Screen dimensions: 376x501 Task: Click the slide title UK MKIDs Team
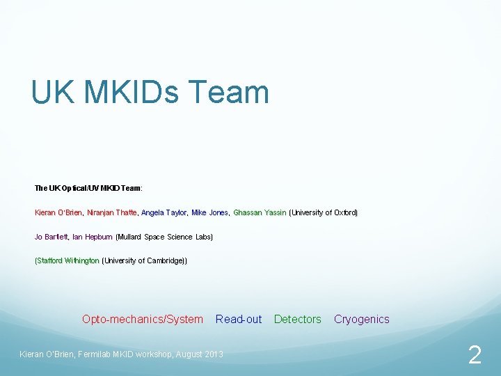(x=150, y=93)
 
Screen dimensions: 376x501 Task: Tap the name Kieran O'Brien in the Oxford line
(x=58, y=212)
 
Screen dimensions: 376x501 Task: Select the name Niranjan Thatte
(x=111, y=212)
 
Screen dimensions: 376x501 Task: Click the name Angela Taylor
(x=164, y=212)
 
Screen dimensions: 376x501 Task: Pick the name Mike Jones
(x=209, y=212)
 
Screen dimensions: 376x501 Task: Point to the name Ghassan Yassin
(x=259, y=212)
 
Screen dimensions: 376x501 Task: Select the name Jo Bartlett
(x=51, y=237)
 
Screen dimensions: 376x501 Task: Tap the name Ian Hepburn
(x=92, y=237)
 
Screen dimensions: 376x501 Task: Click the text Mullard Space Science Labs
(x=164, y=237)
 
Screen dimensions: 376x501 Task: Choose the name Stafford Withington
(x=67, y=260)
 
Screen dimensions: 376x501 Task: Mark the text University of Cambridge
(x=144, y=260)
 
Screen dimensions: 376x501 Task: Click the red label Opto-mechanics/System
(x=143, y=320)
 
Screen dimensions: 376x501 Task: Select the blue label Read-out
(x=239, y=320)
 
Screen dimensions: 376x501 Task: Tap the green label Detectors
(x=298, y=320)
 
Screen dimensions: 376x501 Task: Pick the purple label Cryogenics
(x=361, y=320)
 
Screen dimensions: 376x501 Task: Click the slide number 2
(x=475, y=356)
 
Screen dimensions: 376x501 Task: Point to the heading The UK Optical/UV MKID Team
(x=88, y=188)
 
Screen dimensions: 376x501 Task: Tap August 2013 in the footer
(x=199, y=354)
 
